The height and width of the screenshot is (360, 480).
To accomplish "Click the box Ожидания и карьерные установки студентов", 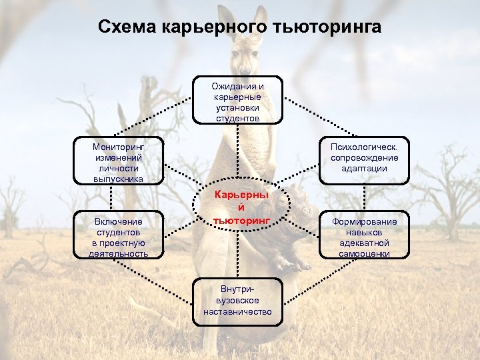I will pyautogui.click(x=238, y=100).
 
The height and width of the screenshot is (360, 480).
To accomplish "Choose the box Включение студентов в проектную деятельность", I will pyautogui.click(x=119, y=237).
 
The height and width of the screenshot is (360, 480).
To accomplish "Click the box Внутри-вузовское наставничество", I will pyautogui.click(x=238, y=301).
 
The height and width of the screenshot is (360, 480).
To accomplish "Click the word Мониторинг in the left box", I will pyautogui.click(x=119, y=145).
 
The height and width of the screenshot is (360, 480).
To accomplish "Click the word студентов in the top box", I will pyautogui.click(x=238, y=117).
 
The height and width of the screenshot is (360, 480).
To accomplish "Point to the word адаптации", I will pyautogui.click(x=365, y=169).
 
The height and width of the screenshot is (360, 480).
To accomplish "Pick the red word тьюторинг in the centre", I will pyautogui.click(x=241, y=219).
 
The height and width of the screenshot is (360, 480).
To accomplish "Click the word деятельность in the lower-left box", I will pyautogui.click(x=119, y=253).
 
